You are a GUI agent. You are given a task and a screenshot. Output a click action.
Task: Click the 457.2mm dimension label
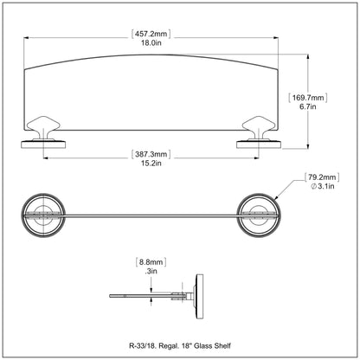[x=151, y=34]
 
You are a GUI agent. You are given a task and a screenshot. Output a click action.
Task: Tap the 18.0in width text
[x=151, y=43]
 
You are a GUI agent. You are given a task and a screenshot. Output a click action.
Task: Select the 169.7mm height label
[x=308, y=98]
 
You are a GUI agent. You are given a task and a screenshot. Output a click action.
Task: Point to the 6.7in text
[x=308, y=106]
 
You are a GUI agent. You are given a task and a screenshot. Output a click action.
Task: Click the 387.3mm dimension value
[x=151, y=154]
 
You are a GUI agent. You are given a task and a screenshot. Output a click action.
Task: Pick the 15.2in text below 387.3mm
[x=151, y=164]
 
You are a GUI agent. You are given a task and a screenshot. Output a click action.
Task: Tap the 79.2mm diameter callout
[x=322, y=177]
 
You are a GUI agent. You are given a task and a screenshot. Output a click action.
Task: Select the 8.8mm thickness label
[x=151, y=262]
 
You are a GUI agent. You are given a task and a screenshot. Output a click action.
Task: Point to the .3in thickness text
[x=151, y=271]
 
